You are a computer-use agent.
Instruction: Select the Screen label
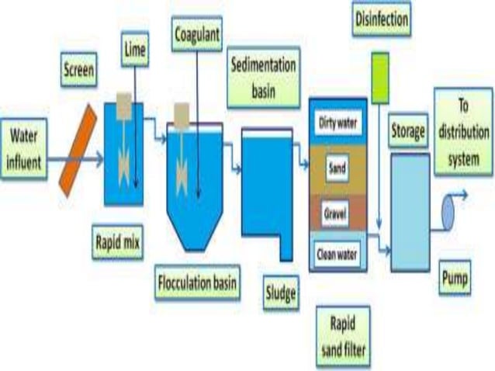pyautogui.click(x=79, y=73)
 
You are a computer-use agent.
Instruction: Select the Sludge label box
pyautogui.click(x=280, y=293)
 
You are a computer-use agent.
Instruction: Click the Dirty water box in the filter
pyautogui.click(x=337, y=121)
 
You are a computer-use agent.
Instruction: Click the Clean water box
pyautogui.click(x=337, y=251)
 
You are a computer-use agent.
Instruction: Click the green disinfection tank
pyautogui.click(x=380, y=78)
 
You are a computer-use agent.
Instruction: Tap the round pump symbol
pyautogui.click(x=450, y=209)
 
